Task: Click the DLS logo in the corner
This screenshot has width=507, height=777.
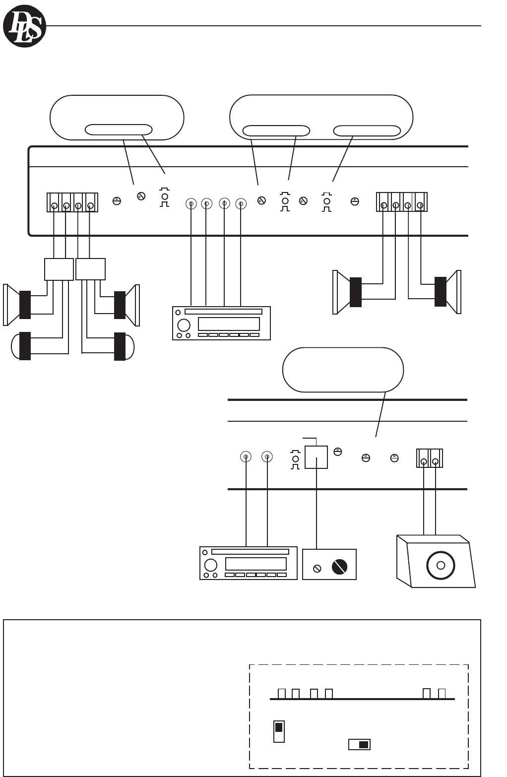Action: tap(24, 26)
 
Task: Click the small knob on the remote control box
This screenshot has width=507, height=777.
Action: tap(317, 569)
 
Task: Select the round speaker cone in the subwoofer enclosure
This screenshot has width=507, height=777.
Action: tap(440, 565)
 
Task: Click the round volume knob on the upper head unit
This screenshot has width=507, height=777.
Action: tap(184, 325)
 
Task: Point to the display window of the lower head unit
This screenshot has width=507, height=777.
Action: tap(255, 564)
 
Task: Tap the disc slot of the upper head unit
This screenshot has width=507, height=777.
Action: tap(223, 312)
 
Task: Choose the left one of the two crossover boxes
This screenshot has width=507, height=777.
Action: tap(59, 269)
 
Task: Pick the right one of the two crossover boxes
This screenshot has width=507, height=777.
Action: tap(90, 269)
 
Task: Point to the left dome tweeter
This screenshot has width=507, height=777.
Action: tap(20, 346)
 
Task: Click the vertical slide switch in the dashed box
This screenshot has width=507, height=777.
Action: tap(279, 732)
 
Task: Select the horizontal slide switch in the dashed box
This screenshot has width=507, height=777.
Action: tap(359, 744)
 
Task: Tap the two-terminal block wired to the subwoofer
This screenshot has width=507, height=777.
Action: tap(429, 458)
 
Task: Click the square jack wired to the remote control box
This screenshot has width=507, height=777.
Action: tap(316, 457)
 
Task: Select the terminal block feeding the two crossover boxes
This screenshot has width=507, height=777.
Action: tap(72, 202)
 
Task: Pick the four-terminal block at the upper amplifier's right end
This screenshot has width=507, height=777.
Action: tap(402, 202)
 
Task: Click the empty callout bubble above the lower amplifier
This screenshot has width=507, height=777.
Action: tap(343, 370)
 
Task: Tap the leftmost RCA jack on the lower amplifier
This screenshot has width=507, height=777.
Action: tap(246, 457)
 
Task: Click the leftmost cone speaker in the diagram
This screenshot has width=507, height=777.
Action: tap(17, 305)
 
